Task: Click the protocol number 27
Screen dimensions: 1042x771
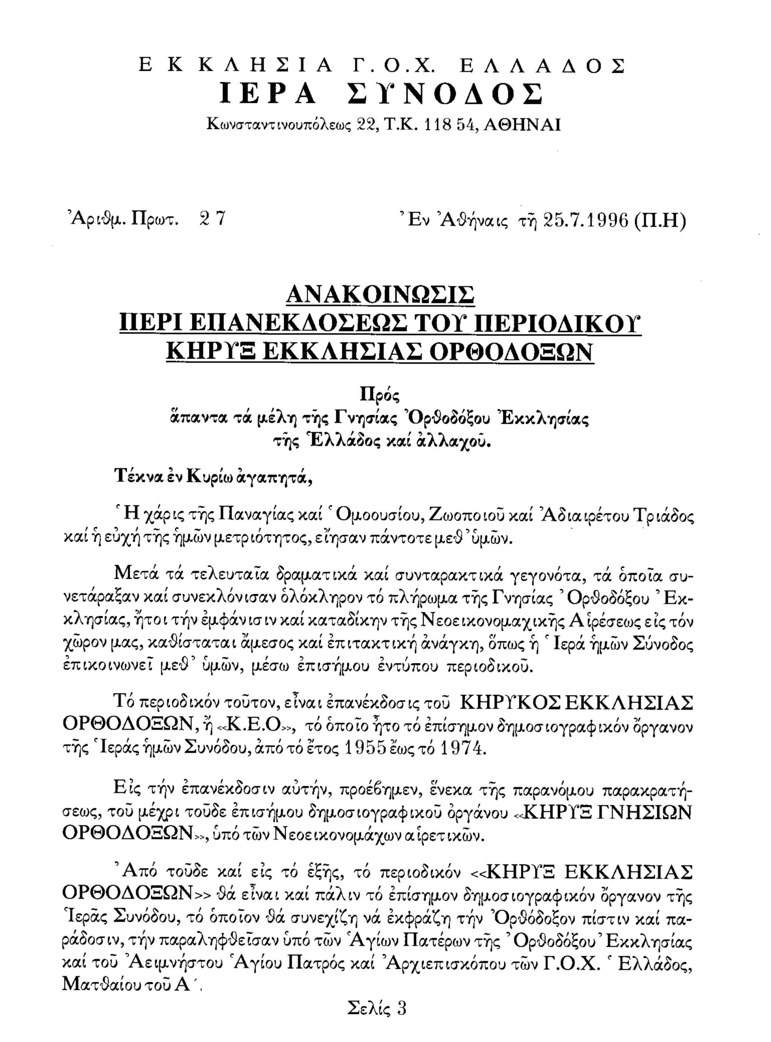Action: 213,219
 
